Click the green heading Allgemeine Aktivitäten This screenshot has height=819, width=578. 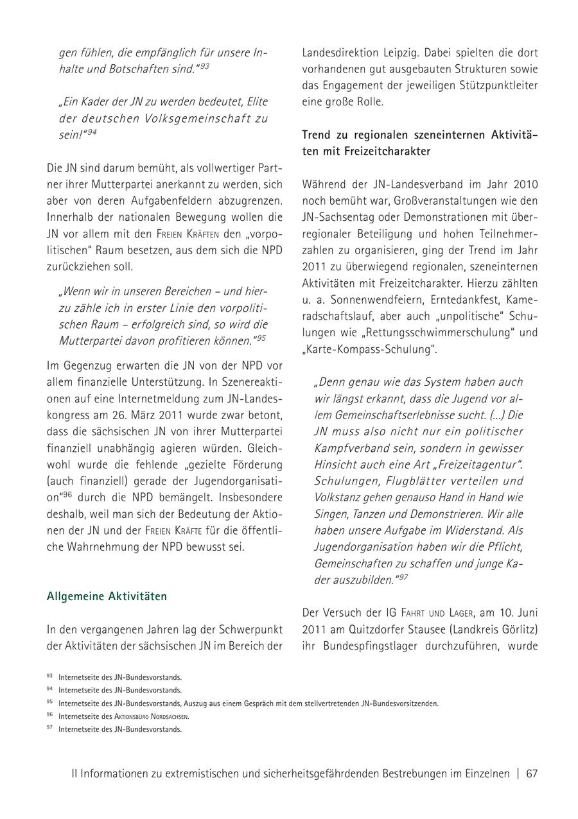point(107,597)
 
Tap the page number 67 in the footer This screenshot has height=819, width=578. point(532,773)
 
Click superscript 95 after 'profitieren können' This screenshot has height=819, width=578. point(261,338)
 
